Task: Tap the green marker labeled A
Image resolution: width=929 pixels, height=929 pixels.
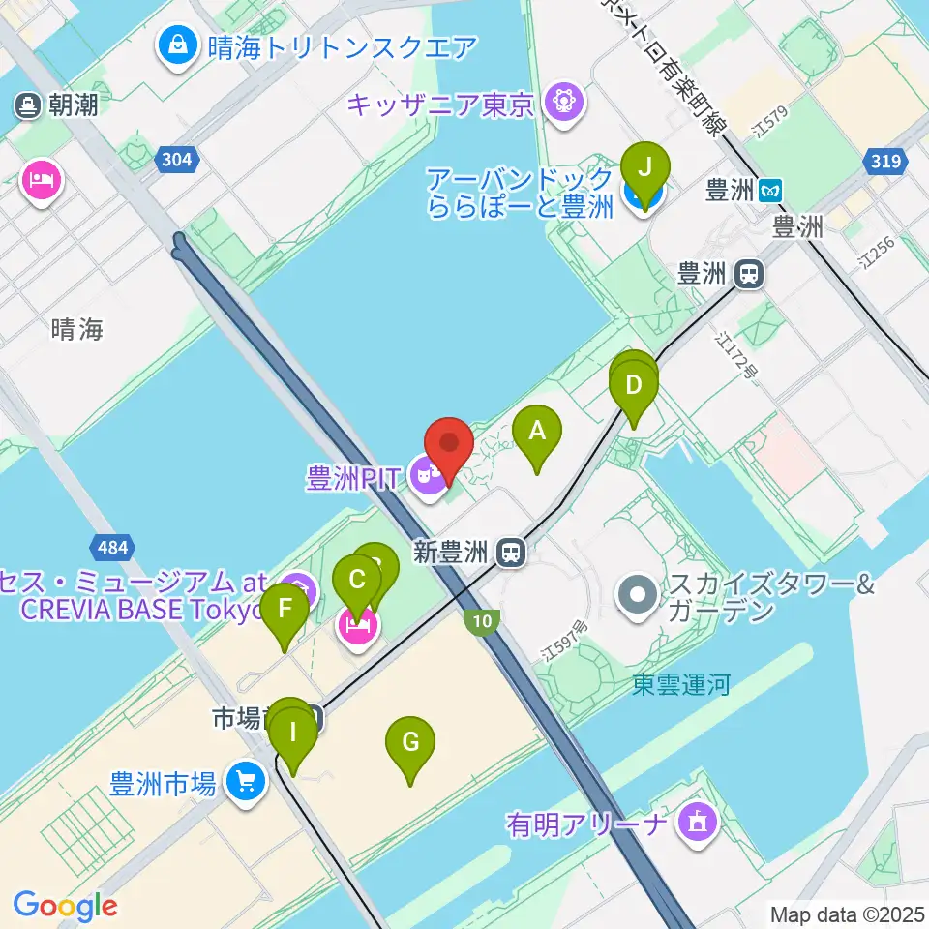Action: [537, 433]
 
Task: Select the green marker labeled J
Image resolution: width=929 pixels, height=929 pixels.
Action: [644, 168]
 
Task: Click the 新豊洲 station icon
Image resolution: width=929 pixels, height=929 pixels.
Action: [511, 553]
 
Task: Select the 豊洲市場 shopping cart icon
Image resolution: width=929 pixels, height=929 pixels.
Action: [246, 780]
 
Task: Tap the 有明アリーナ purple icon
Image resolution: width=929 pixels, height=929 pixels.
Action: [697, 824]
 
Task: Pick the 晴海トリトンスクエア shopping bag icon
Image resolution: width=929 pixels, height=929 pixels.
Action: [179, 45]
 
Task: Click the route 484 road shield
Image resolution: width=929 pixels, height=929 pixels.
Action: [111, 549]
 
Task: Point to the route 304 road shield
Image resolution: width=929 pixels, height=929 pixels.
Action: [177, 159]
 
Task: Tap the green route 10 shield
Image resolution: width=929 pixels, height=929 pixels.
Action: [485, 620]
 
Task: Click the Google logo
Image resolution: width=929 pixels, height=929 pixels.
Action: [65, 906]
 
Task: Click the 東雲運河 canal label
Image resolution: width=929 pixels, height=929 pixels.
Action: [681, 685]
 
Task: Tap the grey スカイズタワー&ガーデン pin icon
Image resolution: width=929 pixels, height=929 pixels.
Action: [638, 592]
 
